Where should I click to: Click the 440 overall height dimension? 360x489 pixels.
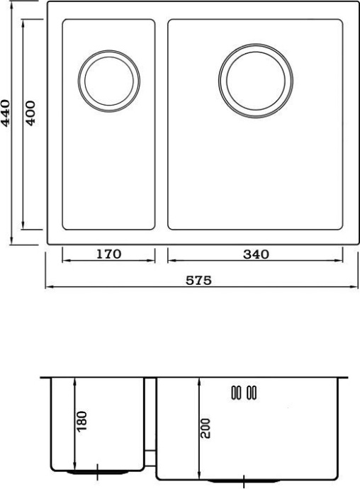pos(6,113)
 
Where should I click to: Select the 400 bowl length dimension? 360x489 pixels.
pos(30,113)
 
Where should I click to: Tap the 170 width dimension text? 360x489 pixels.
pos(108,254)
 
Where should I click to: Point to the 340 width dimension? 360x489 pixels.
pos(255,254)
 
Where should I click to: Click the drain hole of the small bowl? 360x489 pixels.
pos(108,79)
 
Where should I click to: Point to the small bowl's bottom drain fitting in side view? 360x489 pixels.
pos(96,470)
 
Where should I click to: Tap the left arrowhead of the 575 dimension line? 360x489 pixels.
pos(48,288)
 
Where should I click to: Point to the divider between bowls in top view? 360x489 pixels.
pos(161,124)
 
